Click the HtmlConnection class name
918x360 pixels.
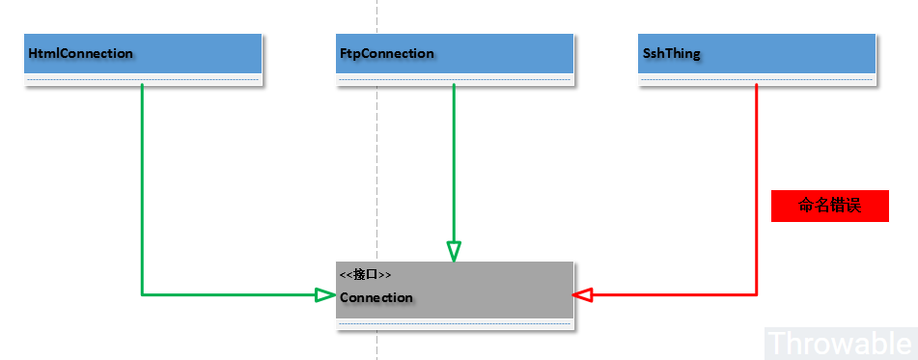point(81,54)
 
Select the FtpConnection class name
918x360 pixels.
point(387,54)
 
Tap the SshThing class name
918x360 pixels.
point(673,54)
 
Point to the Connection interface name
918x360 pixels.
point(376,297)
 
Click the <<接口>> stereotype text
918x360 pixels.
point(365,275)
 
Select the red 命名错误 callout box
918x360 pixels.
point(829,206)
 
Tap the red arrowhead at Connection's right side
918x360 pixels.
point(582,293)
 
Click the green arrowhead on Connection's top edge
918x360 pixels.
point(454,251)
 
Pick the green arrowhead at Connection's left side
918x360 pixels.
point(326,293)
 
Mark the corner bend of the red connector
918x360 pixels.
point(756,293)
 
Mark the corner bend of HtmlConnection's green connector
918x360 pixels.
point(142,293)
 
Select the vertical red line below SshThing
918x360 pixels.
point(756,183)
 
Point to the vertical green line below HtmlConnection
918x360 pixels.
point(142,183)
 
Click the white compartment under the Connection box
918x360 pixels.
point(449,325)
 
